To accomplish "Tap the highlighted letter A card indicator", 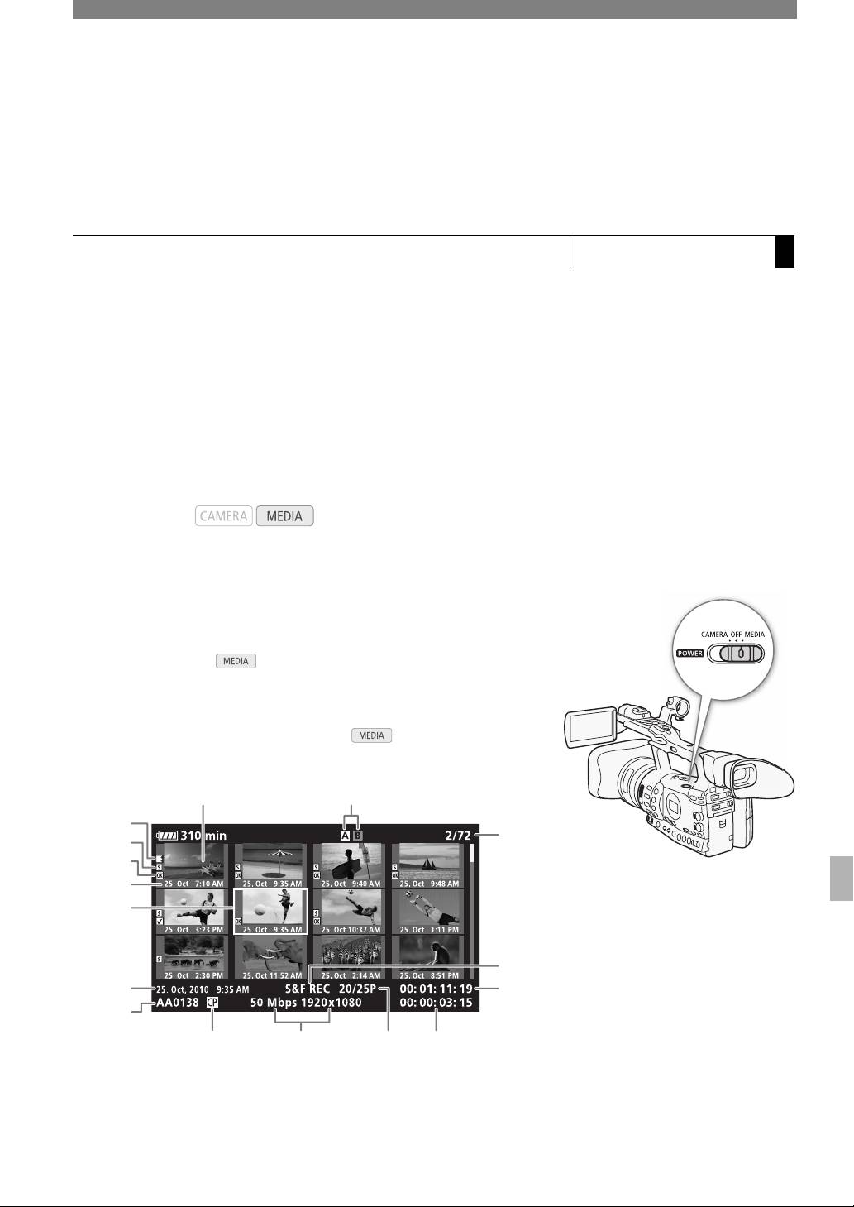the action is click(x=346, y=836).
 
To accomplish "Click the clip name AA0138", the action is click(x=177, y=1003).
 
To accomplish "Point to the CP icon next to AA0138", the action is click(x=213, y=1003).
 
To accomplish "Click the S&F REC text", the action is click(x=308, y=989).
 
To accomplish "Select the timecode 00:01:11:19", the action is click(x=436, y=989).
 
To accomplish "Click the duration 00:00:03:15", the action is click(x=436, y=1003).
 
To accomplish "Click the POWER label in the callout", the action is click(x=689, y=651).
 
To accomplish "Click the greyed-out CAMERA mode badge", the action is click(x=224, y=516).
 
